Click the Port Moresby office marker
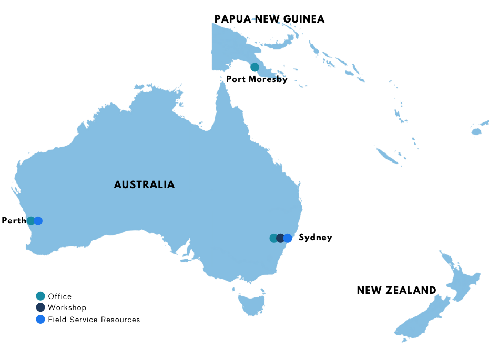tap(254, 67)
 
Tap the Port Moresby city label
tap(257, 79)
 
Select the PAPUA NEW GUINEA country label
tap(269, 19)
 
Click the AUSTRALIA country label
tap(144, 184)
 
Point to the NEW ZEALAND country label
tap(396, 290)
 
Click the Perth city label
tap(13, 221)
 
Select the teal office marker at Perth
tap(31, 221)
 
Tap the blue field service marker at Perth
tap(38, 221)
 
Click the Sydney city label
tap(315, 238)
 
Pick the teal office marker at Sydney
tap(273, 238)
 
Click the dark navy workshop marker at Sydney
tap(280, 238)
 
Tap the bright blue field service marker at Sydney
tap(288, 238)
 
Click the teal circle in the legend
tap(40, 296)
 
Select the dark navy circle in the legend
tap(40, 307)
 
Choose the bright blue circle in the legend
tap(40, 319)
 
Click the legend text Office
tap(59, 296)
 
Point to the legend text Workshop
tap(67, 307)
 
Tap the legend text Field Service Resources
tap(94, 319)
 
